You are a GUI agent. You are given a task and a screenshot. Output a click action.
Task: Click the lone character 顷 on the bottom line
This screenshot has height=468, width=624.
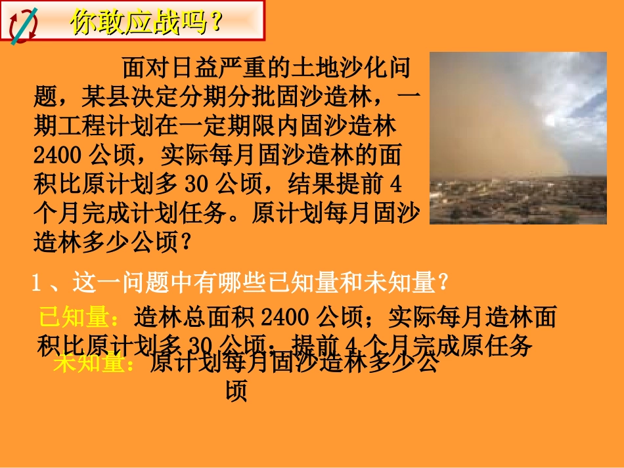click(x=236, y=392)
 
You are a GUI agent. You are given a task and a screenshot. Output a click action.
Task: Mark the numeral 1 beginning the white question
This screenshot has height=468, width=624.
click(x=37, y=284)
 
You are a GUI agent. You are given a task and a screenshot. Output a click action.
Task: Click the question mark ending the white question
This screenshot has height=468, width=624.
click(x=443, y=284)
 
